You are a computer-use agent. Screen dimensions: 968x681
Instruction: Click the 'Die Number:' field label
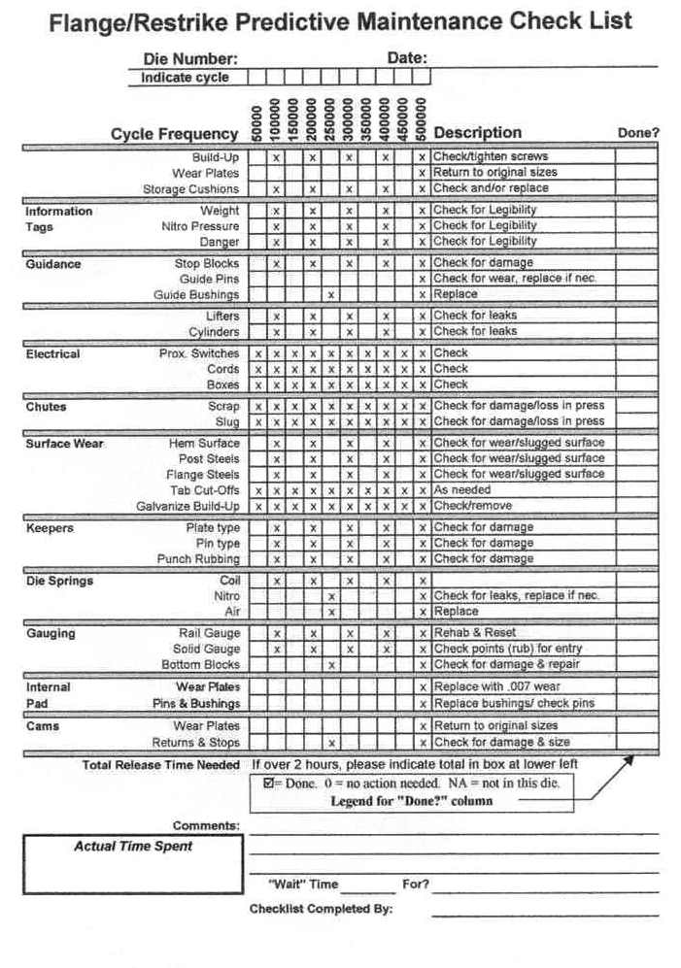point(189,59)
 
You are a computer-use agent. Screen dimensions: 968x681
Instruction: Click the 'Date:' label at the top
point(407,58)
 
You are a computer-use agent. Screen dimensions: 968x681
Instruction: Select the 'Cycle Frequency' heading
point(174,134)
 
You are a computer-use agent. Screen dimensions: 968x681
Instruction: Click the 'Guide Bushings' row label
point(196,295)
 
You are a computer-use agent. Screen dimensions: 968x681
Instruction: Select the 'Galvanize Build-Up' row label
point(187,507)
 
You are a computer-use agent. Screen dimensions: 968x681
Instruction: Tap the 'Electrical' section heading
point(52,354)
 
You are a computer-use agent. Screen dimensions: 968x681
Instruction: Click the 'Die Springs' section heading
point(59,581)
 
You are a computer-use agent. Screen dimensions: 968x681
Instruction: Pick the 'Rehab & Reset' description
point(475,633)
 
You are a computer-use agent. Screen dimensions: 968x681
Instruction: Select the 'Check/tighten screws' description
point(491,156)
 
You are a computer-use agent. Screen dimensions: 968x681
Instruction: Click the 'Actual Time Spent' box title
point(133,846)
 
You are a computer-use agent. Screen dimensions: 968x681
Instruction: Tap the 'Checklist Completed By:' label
point(321,910)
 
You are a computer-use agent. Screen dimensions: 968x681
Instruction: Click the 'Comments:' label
point(206,825)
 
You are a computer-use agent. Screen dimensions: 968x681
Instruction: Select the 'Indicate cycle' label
point(185,78)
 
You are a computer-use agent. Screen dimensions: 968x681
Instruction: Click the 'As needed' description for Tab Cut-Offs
point(462,490)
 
